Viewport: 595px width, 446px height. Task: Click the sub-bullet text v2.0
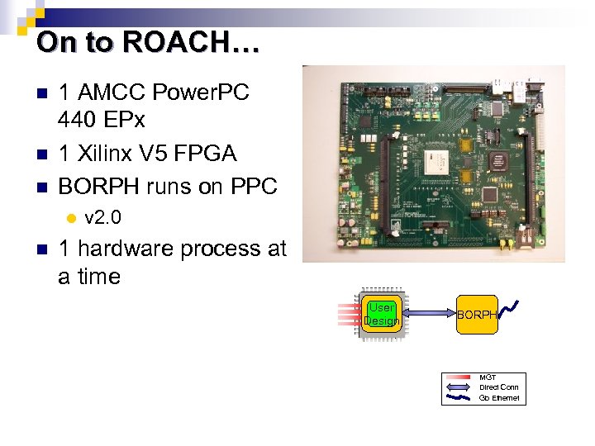tap(103, 218)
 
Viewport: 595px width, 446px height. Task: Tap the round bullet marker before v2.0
tap(71, 219)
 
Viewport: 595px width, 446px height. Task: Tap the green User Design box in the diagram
tap(381, 314)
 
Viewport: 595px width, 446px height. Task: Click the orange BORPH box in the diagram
tap(478, 315)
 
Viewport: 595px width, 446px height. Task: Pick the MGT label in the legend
tap(488, 377)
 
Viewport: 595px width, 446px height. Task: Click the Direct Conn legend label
tap(499, 387)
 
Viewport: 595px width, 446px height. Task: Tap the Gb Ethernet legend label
tap(499, 397)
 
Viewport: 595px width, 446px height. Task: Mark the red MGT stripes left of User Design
tap(349, 314)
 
